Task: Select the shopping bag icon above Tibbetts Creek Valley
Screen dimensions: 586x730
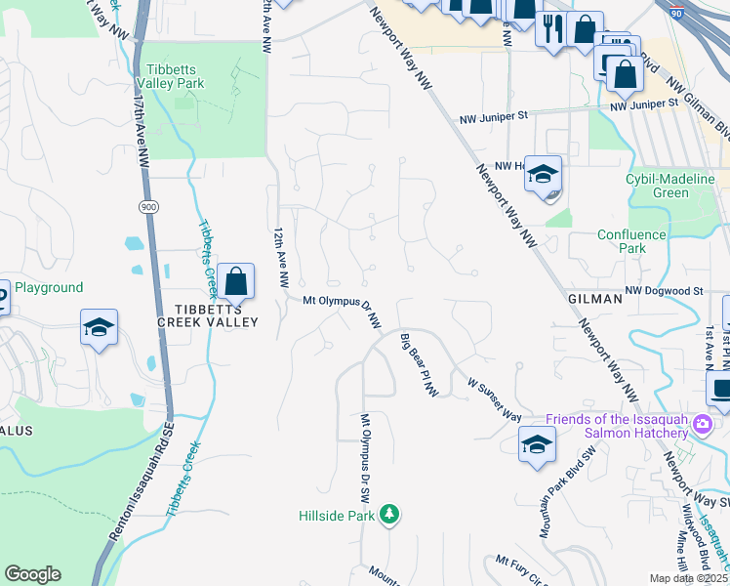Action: pyautogui.click(x=235, y=282)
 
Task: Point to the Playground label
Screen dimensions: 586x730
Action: pyautogui.click(x=48, y=288)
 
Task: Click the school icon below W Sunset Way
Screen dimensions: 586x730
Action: pyautogui.click(x=537, y=445)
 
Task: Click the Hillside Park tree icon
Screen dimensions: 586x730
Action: pyautogui.click(x=389, y=513)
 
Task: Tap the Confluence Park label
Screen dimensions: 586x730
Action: pyautogui.click(x=631, y=241)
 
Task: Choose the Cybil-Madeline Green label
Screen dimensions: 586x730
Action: pyautogui.click(x=670, y=186)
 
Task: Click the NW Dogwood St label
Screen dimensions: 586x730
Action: pyautogui.click(x=664, y=291)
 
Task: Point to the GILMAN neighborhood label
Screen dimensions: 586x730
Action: pyautogui.click(x=594, y=299)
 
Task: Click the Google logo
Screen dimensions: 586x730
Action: pyautogui.click(x=32, y=574)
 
